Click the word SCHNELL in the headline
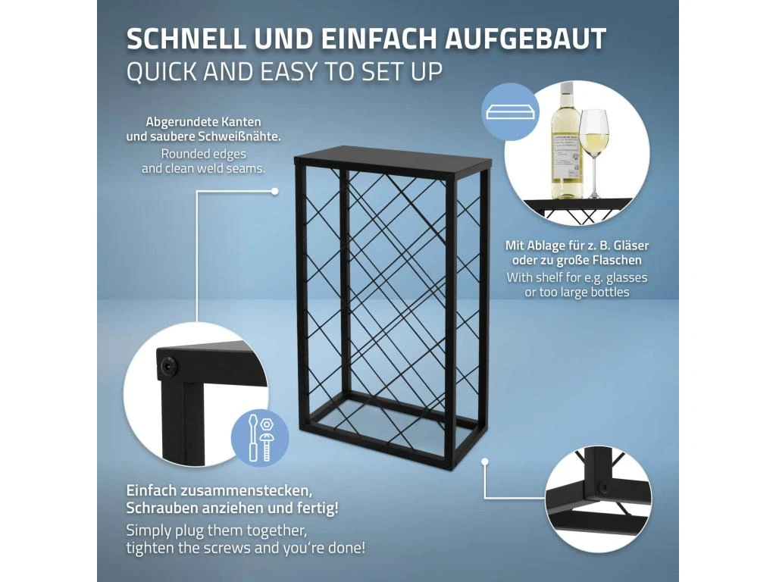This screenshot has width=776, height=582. click(x=186, y=39)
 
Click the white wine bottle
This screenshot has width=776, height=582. click(x=567, y=140)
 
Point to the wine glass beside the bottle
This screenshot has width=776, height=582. click(x=594, y=153)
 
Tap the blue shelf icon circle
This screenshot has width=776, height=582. click(x=511, y=112)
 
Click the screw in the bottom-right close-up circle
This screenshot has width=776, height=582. click(x=602, y=487)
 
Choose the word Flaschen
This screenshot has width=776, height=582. click(x=614, y=261)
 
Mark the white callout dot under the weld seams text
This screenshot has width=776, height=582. click(x=274, y=191)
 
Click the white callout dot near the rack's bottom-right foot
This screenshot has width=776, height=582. click(x=485, y=462)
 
